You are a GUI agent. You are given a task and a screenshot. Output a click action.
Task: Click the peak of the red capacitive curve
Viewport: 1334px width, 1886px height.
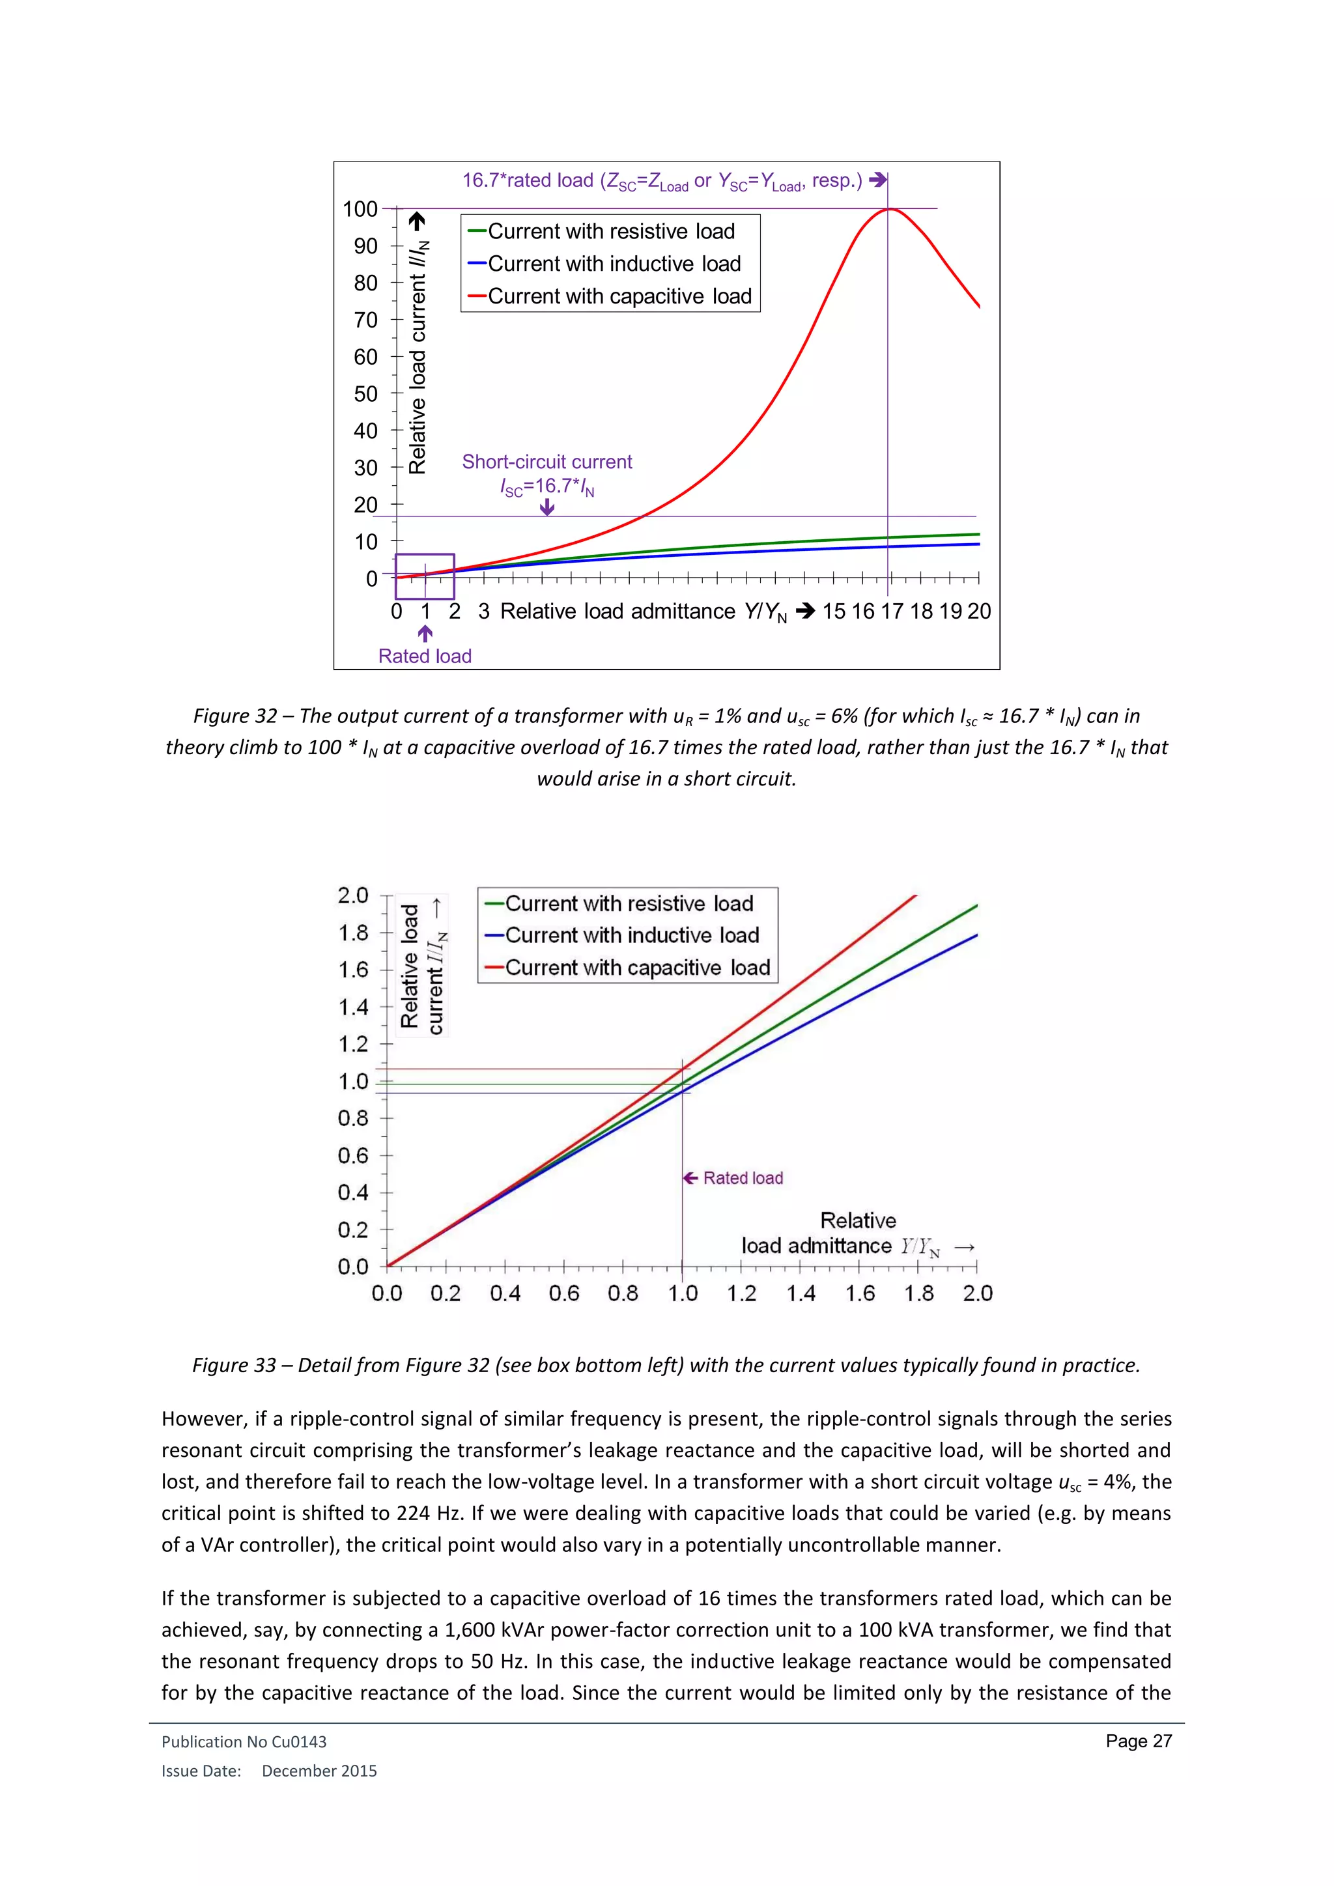point(890,210)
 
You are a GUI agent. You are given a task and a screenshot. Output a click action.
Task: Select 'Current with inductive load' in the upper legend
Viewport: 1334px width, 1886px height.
point(614,264)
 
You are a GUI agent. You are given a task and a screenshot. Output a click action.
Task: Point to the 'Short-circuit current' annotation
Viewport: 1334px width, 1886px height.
point(547,462)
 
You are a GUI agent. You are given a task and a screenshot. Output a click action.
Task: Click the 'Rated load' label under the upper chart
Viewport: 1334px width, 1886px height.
point(425,656)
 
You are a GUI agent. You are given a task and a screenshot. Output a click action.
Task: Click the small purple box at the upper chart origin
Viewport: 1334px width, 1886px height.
point(425,576)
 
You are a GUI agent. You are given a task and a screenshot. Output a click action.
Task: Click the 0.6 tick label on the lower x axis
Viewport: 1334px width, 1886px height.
point(564,1294)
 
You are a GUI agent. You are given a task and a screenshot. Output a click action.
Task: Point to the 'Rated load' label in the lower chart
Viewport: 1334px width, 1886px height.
point(743,1178)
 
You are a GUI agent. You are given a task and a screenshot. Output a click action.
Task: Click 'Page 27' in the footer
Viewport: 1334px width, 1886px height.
point(1139,1741)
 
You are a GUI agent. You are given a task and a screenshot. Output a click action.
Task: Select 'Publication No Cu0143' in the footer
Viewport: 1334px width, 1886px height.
point(244,1741)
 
